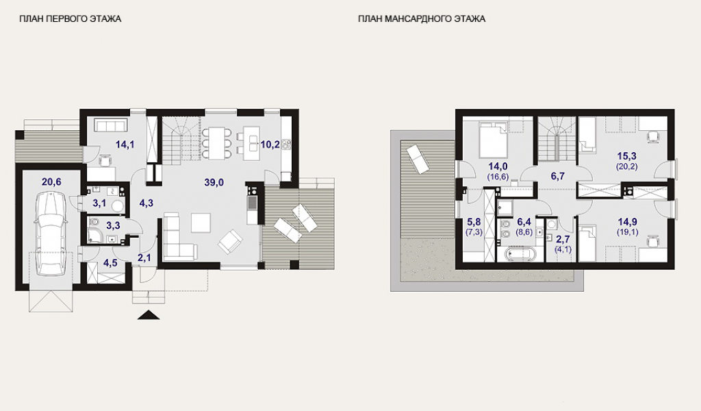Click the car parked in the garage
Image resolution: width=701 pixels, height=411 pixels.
(51, 234)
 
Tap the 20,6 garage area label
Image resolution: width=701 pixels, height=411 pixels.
(51, 182)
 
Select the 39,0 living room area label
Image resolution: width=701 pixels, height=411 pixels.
(214, 182)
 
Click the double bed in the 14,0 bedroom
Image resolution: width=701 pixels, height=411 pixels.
(493, 139)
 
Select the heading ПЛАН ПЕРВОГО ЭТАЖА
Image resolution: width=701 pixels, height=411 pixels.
(71, 18)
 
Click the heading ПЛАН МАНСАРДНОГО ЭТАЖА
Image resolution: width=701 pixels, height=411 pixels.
(422, 18)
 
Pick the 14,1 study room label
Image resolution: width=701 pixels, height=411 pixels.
(125, 145)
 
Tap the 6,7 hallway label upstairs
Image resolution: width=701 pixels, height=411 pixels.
(557, 176)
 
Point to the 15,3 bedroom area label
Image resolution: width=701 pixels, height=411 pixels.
(627, 156)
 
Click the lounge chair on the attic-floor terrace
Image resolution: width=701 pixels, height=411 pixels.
(417, 159)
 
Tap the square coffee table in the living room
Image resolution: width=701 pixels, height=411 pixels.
(201, 223)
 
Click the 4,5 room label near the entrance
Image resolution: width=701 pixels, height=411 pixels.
(110, 263)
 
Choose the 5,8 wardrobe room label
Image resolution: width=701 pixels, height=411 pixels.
(474, 222)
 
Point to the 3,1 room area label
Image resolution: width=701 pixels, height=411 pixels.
(99, 203)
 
